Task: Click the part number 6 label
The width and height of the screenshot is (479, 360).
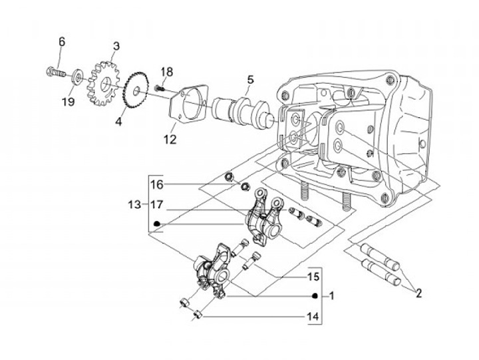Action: click(62, 41)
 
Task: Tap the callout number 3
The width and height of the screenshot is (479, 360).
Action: click(116, 47)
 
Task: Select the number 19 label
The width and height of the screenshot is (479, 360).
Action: click(68, 101)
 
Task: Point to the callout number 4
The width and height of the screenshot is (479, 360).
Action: click(118, 121)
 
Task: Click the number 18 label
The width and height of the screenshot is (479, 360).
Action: click(167, 72)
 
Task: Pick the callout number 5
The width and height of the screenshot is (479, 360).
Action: click(250, 80)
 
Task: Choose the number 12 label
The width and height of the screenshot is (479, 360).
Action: click(170, 139)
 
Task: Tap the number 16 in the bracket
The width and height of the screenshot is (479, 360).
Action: click(157, 184)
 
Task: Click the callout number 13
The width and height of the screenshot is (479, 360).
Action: click(134, 204)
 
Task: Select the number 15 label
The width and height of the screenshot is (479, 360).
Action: click(313, 277)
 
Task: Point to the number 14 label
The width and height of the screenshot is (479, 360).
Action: click(313, 316)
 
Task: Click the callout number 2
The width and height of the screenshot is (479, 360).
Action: click(418, 293)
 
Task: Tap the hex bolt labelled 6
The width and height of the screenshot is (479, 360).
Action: click(56, 73)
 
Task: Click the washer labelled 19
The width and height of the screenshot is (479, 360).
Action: click(77, 77)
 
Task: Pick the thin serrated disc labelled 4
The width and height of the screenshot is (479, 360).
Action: click(136, 90)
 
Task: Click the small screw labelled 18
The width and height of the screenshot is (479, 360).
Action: click(160, 89)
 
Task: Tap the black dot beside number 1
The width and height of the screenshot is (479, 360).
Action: click(315, 296)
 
